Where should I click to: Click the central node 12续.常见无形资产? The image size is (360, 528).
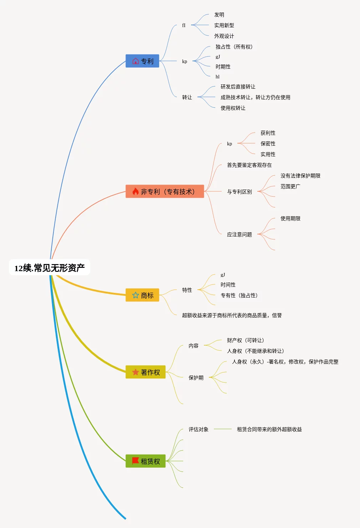coord(50,268)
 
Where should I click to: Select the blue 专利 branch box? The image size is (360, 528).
coord(142,61)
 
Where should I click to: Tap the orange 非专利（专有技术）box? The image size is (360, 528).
coord(165,191)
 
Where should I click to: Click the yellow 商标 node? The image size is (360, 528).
coord(142,295)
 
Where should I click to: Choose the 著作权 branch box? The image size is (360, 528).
coord(145,372)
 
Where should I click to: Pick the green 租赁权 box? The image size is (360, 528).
coord(145,461)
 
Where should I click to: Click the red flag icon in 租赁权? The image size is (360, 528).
coord(135,461)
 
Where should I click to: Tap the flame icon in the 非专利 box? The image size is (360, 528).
coord(135,191)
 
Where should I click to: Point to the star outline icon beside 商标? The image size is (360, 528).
coord(135,295)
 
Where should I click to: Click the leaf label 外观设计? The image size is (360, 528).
coord(224,36)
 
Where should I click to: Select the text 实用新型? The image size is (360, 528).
coord(224,25)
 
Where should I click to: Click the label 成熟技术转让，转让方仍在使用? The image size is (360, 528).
coord(255,97)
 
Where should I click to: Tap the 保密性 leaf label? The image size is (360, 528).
coord(268,144)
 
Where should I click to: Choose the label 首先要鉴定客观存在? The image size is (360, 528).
coord(249,165)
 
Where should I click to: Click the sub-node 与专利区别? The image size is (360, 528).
coord(239,192)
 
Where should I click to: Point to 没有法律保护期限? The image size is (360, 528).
coord(300,176)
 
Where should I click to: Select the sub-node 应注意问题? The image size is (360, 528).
coord(239,234)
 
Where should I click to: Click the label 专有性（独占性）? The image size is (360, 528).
coord(239,295)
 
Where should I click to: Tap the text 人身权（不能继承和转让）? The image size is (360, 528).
coord(255,351)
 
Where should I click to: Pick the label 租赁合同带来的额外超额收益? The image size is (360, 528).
coord(269,429)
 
